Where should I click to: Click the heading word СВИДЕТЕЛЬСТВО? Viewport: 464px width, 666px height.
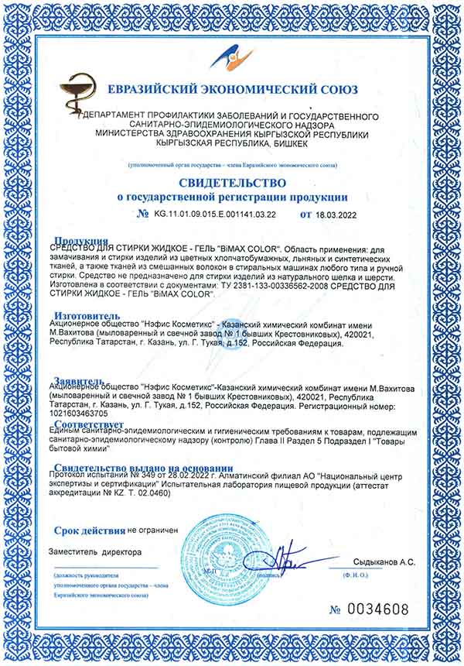click(x=231, y=183)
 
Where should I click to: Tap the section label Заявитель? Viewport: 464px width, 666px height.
click(x=80, y=380)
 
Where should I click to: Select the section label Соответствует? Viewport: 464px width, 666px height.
click(x=90, y=426)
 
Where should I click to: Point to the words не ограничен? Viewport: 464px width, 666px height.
click(x=152, y=530)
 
